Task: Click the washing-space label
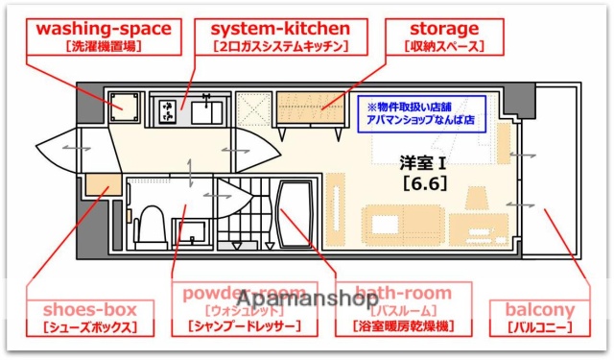coord(104,28)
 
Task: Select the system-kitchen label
coord(277,28)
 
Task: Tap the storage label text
coord(443,28)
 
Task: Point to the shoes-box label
coord(89,309)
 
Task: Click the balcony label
coord(538,309)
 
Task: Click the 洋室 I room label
coord(424,161)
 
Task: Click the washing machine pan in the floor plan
coord(124,106)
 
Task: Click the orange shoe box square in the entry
coord(97,184)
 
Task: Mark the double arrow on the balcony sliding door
coord(521,204)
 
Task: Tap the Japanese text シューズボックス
coord(89,328)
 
